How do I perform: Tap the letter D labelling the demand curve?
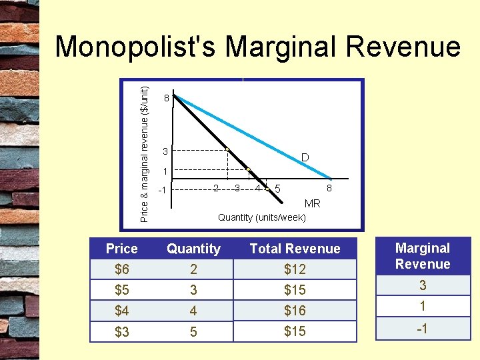304,158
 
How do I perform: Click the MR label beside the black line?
312,203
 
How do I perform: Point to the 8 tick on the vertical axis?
166,99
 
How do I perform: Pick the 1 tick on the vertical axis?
165,172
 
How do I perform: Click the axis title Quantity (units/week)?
262,217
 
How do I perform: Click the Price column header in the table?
121,249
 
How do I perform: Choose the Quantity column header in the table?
193,249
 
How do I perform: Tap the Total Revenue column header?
295,249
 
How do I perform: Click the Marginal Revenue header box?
423,256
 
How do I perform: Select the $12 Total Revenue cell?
295,269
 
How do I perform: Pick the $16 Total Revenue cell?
295,311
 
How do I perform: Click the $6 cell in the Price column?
121,269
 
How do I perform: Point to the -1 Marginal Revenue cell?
423,329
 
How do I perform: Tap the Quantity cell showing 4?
193,311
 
